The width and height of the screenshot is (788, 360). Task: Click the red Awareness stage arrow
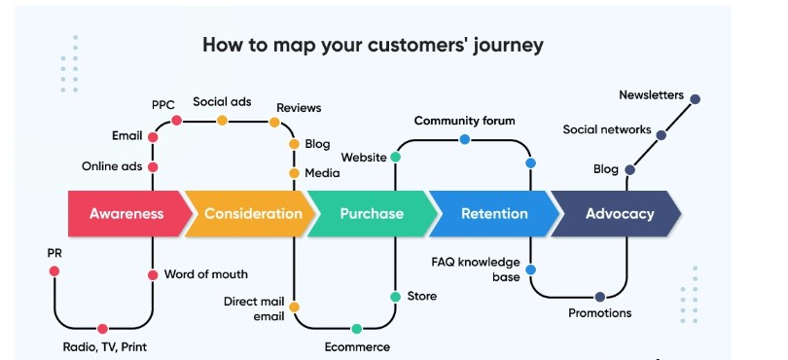[125, 214]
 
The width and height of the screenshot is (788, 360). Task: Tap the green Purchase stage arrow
[371, 214]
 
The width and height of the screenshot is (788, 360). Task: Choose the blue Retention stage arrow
[494, 214]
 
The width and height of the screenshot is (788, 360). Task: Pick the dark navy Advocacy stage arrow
[619, 214]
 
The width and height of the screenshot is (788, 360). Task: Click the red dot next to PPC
[176, 121]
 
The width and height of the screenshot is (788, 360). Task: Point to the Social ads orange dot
[222, 121]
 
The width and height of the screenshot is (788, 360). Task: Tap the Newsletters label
[651, 95]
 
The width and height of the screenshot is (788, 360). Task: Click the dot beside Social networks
[662, 134]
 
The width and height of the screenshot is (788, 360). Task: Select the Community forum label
[464, 121]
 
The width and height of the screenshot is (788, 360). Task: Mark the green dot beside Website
[395, 157]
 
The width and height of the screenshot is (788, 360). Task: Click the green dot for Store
[395, 296]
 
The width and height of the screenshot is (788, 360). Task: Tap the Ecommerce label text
[357, 347]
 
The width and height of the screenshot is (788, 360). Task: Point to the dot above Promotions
[599, 297]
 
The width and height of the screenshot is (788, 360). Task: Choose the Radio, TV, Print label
[102, 347]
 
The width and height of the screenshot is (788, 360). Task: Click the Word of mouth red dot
[153, 275]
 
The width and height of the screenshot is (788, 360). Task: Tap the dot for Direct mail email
[294, 306]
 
